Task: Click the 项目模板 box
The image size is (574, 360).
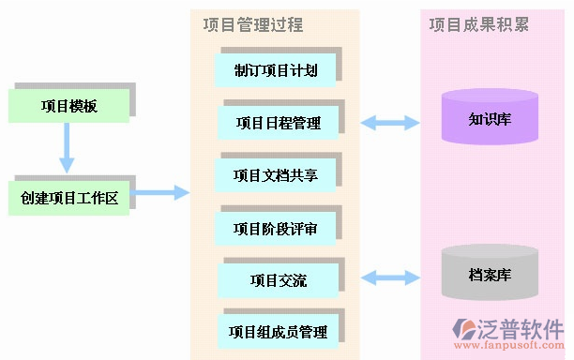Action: pos(68,106)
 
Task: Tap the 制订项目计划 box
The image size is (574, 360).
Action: pos(275,68)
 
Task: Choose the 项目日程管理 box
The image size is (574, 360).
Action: pos(278,122)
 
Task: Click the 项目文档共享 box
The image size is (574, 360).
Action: pos(275,174)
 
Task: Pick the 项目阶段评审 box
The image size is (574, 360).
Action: pos(275,227)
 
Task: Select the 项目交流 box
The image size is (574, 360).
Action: pos(278,279)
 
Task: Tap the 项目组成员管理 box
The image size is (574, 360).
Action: pos(278,331)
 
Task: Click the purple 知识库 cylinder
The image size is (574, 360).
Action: pos(490,120)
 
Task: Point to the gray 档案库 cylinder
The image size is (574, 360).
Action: pos(490,276)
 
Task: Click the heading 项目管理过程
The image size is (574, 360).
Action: pos(252,24)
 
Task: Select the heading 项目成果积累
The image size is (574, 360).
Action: pos(478,24)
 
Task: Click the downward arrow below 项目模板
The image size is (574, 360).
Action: pos(67,149)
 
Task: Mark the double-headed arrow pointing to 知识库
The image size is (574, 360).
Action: pos(390,122)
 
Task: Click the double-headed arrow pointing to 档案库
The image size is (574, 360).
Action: pos(390,277)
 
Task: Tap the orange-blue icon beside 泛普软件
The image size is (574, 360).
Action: pos(465,330)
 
